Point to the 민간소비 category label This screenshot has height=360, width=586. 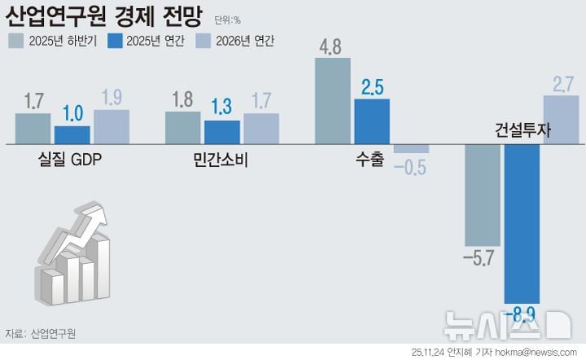220,159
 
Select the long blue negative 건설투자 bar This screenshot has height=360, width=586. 522,224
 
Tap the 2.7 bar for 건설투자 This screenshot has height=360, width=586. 561,120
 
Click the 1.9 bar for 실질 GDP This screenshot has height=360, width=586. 111,126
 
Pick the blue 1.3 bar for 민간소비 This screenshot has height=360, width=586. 221,131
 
